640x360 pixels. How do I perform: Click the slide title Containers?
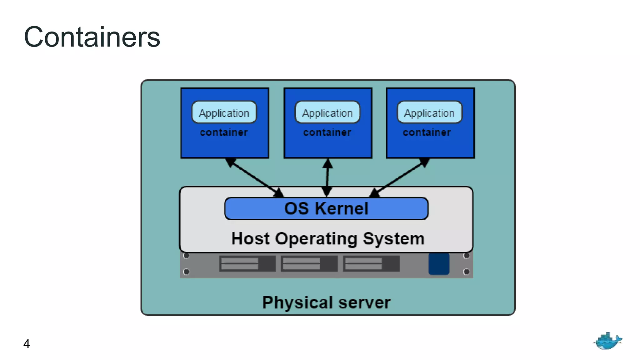[92, 37]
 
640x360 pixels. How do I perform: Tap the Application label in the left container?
[224, 112]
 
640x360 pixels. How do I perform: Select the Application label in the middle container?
[327, 112]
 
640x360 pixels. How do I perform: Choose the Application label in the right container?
[429, 112]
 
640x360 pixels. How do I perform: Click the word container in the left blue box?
[224, 132]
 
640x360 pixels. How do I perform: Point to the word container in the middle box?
[327, 132]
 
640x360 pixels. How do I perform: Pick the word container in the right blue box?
[427, 132]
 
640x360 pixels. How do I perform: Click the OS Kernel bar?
[326, 208]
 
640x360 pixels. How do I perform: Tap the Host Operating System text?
[328, 239]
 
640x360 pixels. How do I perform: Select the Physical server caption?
[326, 302]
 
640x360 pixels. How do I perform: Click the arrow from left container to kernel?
[254, 177]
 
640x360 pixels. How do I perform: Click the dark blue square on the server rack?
[439, 264]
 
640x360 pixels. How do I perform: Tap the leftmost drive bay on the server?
[247, 263]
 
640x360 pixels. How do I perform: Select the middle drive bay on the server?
[309, 263]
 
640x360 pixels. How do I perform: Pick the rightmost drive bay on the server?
[371, 263]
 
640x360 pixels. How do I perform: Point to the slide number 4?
[27, 344]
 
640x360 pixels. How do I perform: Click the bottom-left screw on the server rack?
[186, 272]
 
